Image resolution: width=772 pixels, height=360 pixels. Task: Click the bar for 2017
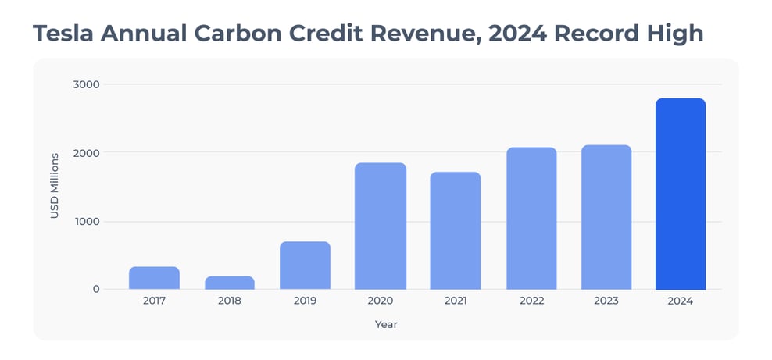(154, 278)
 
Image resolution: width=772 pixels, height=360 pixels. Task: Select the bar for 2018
(230, 283)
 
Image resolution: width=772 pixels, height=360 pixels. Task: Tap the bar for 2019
(305, 266)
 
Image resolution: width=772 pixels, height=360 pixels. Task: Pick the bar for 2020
(381, 226)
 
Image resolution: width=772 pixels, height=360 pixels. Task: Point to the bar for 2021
(456, 231)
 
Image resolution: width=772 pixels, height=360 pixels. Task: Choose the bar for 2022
(531, 219)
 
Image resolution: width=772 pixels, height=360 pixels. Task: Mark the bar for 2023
(606, 217)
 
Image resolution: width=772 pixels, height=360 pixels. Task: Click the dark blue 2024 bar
(681, 194)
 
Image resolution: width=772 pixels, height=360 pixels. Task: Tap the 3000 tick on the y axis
(87, 84)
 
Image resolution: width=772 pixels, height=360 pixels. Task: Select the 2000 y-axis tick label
(87, 152)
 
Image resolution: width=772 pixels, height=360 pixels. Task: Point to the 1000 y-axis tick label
(87, 221)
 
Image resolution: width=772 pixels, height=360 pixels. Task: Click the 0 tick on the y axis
(96, 290)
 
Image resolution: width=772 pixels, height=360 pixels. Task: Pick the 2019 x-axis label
(305, 301)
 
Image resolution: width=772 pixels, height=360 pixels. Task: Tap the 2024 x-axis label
(681, 301)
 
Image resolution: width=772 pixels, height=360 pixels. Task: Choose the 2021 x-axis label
(456, 301)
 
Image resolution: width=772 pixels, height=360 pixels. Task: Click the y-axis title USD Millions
(55, 187)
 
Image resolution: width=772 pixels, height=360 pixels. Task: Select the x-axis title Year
(385, 323)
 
